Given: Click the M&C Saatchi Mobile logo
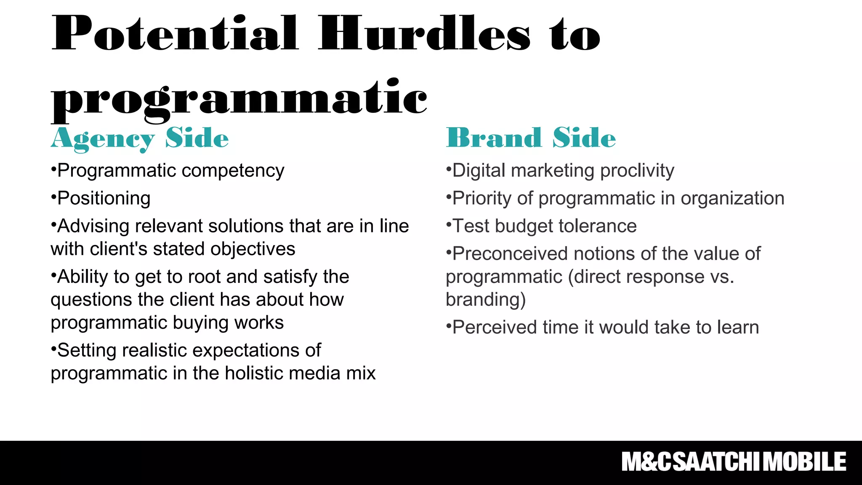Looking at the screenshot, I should pyautogui.click(x=734, y=462).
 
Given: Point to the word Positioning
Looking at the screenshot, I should pyautogui.click(x=104, y=198).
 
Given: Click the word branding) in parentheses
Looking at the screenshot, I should pyautogui.click(x=486, y=300).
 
